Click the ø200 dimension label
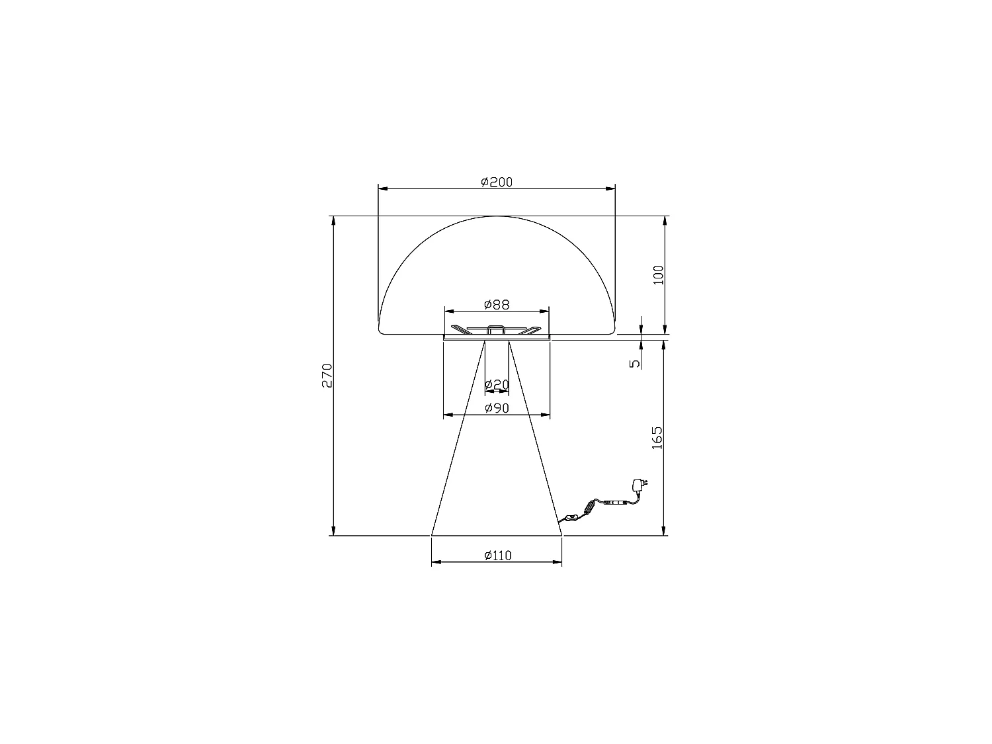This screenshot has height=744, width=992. point(496,182)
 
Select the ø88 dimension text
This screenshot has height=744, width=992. point(497,305)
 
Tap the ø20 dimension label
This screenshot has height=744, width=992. point(497,385)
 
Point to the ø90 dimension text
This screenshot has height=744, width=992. point(497,408)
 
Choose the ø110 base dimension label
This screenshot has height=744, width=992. point(497,556)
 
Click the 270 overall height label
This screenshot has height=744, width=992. point(327,376)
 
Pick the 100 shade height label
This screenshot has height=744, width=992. point(659,275)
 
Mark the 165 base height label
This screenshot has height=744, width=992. point(657,438)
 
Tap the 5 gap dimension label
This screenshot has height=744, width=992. point(635,363)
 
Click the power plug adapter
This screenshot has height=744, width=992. point(640,485)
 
